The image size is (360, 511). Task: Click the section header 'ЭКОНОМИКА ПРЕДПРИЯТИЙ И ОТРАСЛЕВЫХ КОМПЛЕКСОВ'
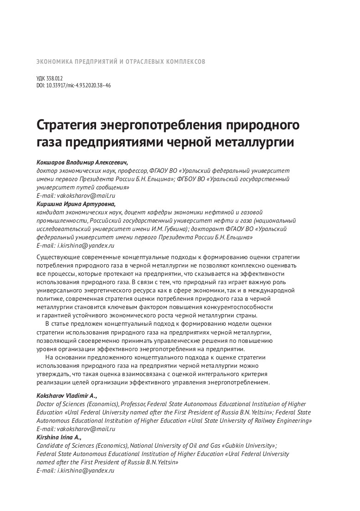click(121, 61)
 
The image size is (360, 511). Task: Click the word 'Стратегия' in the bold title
click(68, 126)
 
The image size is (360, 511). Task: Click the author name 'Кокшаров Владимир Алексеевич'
click(82, 163)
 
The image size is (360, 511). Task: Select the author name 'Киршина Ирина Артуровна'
click(76, 204)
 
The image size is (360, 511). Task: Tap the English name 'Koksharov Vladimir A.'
click(67, 396)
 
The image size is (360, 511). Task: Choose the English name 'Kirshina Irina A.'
click(59, 437)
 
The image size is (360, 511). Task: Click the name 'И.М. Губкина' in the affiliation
click(170, 229)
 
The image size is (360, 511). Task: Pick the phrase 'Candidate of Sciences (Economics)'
click(82, 445)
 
